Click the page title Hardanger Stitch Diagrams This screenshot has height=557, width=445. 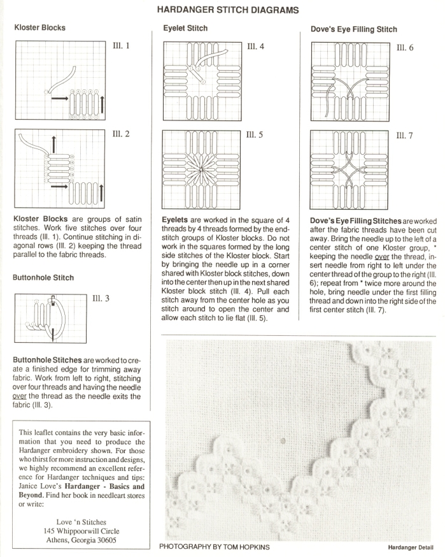coord(223,10)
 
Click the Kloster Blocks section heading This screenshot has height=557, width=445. coord(39,28)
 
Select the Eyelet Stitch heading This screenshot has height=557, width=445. coord(185,29)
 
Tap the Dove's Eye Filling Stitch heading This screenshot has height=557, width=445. coord(354,29)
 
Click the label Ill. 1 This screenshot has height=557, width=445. coord(122,45)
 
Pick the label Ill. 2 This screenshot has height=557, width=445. coord(122,134)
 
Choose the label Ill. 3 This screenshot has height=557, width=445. coord(102,298)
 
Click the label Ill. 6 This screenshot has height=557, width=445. coord(405,48)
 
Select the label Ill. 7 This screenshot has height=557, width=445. coord(405,136)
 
